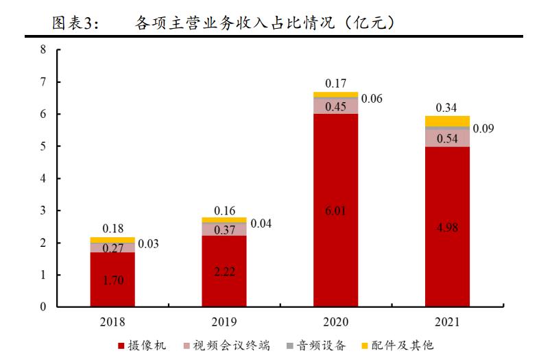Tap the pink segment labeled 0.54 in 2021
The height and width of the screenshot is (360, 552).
tap(447, 138)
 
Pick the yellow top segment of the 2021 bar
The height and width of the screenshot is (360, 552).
tap(447, 121)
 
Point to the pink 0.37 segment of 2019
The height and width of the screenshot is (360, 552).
tap(224, 230)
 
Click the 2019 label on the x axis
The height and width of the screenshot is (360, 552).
tap(224, 322)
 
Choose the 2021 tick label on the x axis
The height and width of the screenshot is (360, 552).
tap(447, 322)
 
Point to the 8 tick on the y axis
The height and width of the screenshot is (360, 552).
tap(43, 50)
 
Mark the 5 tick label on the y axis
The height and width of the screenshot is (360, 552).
tap(43, 147)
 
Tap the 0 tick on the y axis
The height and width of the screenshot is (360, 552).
tap(43, 307)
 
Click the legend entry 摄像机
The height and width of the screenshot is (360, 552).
tap(147, 345)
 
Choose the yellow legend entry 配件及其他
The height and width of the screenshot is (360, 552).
tap(402, 345)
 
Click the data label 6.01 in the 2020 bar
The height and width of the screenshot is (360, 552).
tap(336, 211)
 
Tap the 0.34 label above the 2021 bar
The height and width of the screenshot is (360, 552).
tap(447, 107)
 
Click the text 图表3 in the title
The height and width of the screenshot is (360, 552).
tap(75, 24)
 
